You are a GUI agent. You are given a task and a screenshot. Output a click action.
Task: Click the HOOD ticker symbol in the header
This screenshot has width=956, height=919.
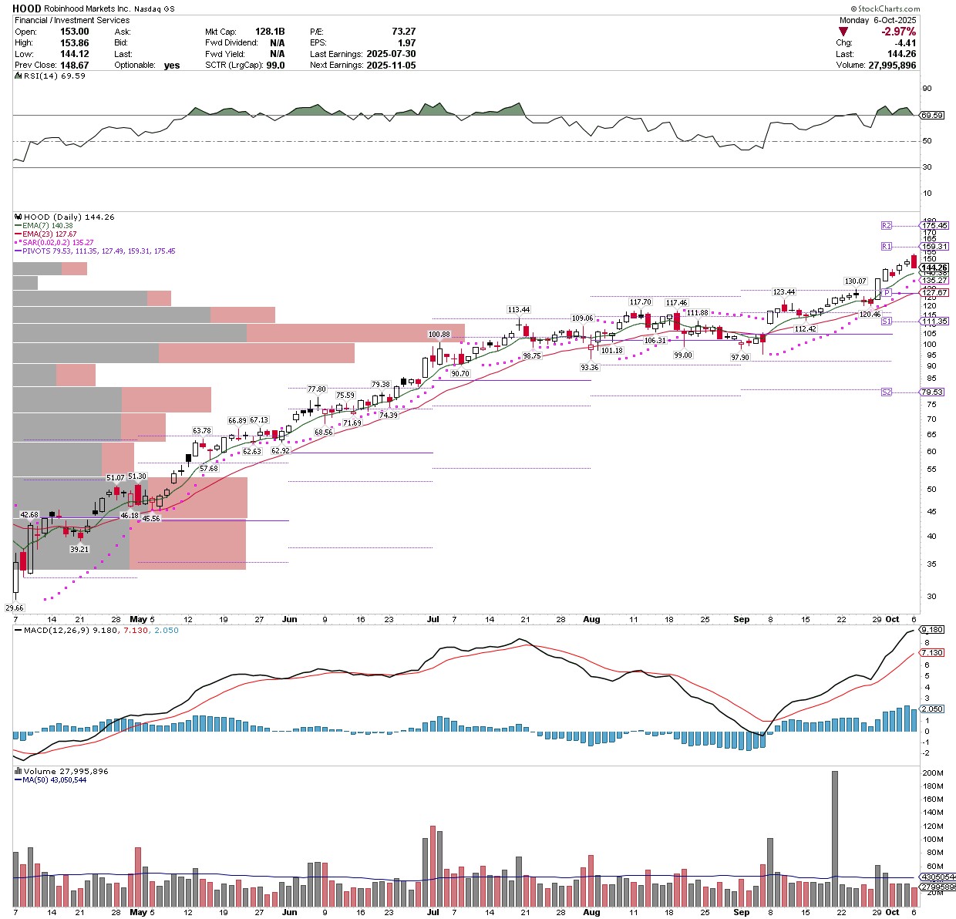[x=27, y=8]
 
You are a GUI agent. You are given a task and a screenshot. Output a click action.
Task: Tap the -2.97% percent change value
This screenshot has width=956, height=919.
[x=898, y=32]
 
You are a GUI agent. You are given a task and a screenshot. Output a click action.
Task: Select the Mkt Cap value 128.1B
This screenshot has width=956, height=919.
[x=270, y=32]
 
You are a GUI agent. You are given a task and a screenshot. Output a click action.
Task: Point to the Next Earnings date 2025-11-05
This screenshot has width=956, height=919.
[x=391, y=66]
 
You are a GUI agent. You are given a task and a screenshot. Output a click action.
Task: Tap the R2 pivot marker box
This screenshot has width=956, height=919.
[x=887, y=225]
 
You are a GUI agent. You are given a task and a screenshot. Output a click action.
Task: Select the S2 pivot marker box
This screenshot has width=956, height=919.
[x=887, y=392]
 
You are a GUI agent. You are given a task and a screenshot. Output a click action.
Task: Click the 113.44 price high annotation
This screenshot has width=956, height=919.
[x=519, y=309]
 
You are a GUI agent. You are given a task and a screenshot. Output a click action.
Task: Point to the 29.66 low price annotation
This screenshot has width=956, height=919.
[x=15, y=608]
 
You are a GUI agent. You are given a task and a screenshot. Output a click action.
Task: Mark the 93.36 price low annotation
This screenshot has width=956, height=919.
[x=590, y=368]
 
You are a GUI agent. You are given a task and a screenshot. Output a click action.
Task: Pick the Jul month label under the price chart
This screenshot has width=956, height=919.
[x=433, y=619]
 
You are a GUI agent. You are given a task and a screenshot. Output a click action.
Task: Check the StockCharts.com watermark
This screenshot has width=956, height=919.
[x=917, y=8]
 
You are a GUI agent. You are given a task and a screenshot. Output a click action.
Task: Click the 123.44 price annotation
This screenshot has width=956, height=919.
[x=784, y=292]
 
